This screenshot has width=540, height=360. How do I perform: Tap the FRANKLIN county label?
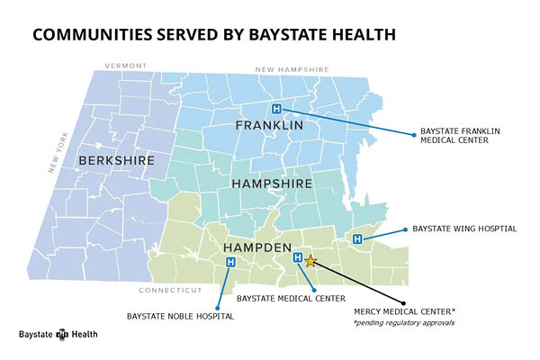pos(269,126)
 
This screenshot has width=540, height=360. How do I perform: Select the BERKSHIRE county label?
pos(117,160)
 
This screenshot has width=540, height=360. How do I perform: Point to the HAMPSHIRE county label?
pos(272,183)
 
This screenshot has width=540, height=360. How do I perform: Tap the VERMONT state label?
pos(126,66)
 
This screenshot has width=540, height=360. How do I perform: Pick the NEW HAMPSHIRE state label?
pos(292,69)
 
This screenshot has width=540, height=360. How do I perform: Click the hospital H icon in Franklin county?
pos(276,109)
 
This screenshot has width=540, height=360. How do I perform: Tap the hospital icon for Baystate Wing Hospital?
pos(357,238)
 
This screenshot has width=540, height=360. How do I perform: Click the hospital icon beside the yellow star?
pos(298,258)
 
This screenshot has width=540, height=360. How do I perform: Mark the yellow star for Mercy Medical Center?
pos(310,261)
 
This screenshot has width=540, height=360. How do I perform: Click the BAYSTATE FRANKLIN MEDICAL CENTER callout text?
pos(460,136)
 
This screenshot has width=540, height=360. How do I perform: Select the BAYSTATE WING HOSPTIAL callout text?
pos(464,229)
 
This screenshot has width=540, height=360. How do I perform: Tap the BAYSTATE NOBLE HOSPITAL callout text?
pos(180,316)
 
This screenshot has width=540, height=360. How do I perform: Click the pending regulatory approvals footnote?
pos(403,322)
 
